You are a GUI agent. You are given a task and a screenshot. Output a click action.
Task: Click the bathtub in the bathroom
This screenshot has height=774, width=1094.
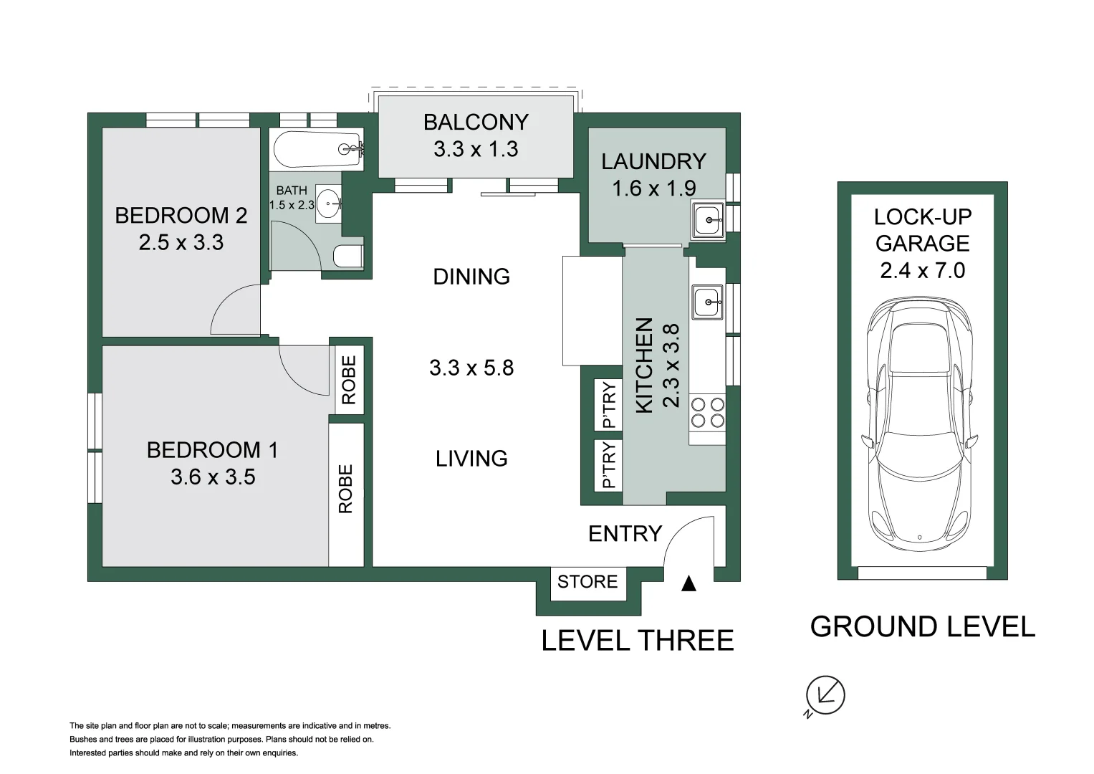click(x=318, y=150)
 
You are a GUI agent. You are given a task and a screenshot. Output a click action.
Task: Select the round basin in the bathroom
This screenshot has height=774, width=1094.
click(x=328, y=204)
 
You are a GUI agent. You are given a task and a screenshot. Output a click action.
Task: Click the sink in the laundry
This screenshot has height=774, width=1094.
click(x=707, y=221)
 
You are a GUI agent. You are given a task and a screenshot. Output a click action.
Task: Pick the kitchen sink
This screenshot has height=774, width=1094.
click(x=707, y=302)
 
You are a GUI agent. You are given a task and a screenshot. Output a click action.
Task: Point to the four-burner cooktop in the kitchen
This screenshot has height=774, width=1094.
click(x=707, y=413)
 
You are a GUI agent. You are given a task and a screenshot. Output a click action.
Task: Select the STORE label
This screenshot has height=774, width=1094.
click(x=587, y=582)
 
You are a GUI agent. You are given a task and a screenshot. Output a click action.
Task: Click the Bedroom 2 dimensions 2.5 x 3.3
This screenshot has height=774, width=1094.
click(x=181, y=242)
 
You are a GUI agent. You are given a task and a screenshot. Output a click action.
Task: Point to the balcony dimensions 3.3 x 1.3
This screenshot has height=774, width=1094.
click(x=476, y=148)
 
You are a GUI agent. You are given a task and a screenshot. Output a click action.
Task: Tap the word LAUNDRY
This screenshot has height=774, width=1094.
click(x=653, y=162)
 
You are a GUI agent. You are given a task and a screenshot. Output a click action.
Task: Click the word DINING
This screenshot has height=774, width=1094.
click(x=471, y=277)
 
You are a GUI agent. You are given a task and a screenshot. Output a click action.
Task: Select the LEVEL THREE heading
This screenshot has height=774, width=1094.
click(x=638, y=640)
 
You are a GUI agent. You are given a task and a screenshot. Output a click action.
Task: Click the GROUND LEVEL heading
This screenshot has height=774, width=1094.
click(x=923, y=626)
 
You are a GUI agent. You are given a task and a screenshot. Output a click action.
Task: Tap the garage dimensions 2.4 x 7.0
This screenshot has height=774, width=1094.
click(x=923, y=270)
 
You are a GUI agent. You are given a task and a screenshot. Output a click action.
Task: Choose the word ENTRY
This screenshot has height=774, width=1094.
click(x=625, y=534)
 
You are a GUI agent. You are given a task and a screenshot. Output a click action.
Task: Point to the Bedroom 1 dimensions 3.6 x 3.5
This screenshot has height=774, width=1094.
click(x=213, y=477)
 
